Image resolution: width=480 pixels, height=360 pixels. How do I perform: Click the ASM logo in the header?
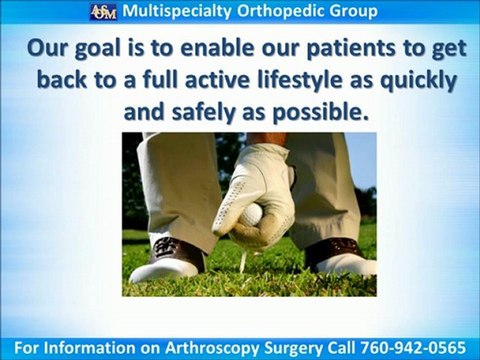click(103, 13)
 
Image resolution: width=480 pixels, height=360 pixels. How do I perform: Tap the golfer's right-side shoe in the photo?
click(340, 257)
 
